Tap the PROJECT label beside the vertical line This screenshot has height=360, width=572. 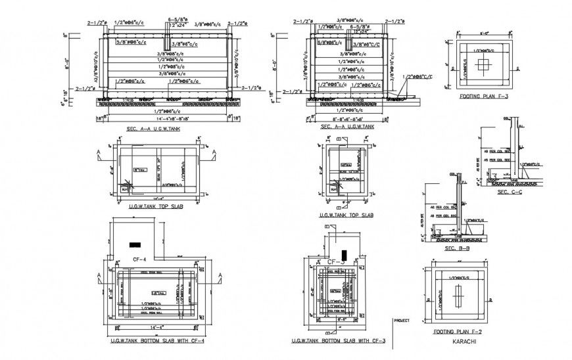[x=402, y=321]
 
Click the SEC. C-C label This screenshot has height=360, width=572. [x=510, y=192]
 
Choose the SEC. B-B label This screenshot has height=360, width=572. [x=457, y=249]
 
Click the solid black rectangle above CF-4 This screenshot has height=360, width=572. [x=135, y=244]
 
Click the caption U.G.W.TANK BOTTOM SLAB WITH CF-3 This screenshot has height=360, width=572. [x=338, y=342]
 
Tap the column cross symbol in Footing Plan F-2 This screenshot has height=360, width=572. [x=458, y=298]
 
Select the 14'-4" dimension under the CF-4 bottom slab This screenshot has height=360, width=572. [x=156, y=326]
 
